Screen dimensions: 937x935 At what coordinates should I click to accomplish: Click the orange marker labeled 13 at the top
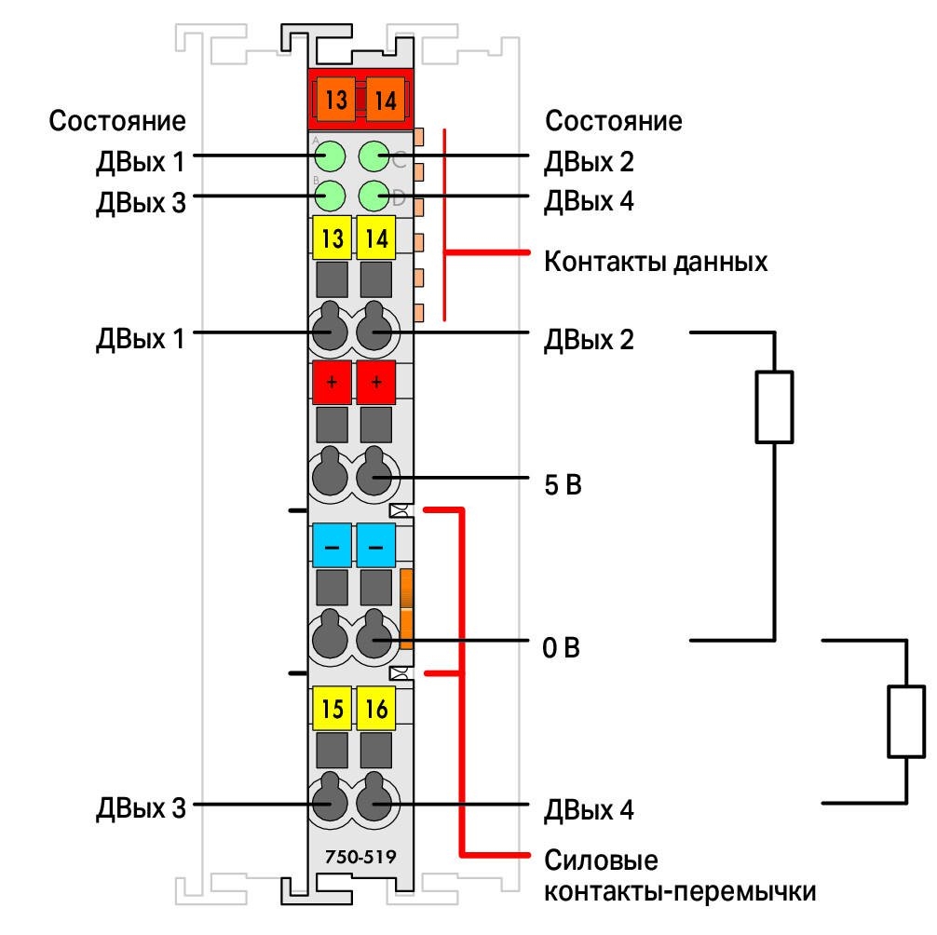click(336, 99)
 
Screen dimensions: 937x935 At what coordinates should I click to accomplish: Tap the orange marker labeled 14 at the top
click(385, 99)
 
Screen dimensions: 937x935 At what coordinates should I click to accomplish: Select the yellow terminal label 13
click(333, 237)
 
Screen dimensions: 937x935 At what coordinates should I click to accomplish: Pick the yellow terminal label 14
click(376, 237)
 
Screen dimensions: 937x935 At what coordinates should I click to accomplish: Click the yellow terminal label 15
click(333, 709)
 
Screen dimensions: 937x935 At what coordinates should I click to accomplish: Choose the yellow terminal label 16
click(376, 709)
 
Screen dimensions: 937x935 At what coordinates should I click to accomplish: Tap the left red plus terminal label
click(333, 382)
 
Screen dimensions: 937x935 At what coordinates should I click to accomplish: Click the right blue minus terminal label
click(376, 545)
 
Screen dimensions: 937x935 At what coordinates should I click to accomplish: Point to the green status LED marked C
click(374, 157)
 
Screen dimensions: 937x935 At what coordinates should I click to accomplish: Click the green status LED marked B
click(330, 196)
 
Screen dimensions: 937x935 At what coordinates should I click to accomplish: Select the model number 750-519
click(360, 857)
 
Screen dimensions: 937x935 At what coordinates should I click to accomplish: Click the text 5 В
click(563, 484)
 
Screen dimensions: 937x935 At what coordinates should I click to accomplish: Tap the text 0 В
click(561, 647)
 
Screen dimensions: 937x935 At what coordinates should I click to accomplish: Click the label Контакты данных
click(656, 262)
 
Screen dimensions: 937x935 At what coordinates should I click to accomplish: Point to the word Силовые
click(601, 860)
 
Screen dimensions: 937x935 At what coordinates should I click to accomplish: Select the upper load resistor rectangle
click(774, 407)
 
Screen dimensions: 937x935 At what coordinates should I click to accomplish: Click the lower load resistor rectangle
click(906, 722)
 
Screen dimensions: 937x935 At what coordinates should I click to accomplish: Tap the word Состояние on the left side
click(117, 121)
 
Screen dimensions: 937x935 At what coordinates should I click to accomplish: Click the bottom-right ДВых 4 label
click(589, 809)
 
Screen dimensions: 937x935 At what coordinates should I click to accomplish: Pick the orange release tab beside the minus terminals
click(406, 609)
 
